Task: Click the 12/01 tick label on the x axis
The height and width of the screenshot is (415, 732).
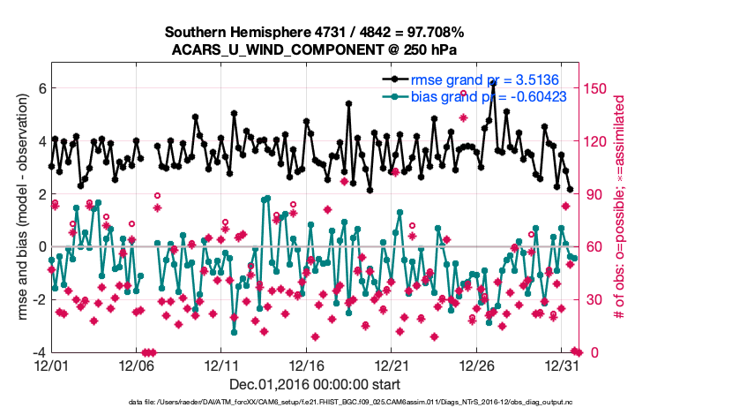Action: [51, 365]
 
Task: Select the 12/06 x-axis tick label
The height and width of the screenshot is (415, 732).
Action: [137, 365]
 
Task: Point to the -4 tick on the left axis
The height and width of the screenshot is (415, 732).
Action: [38, 352]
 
